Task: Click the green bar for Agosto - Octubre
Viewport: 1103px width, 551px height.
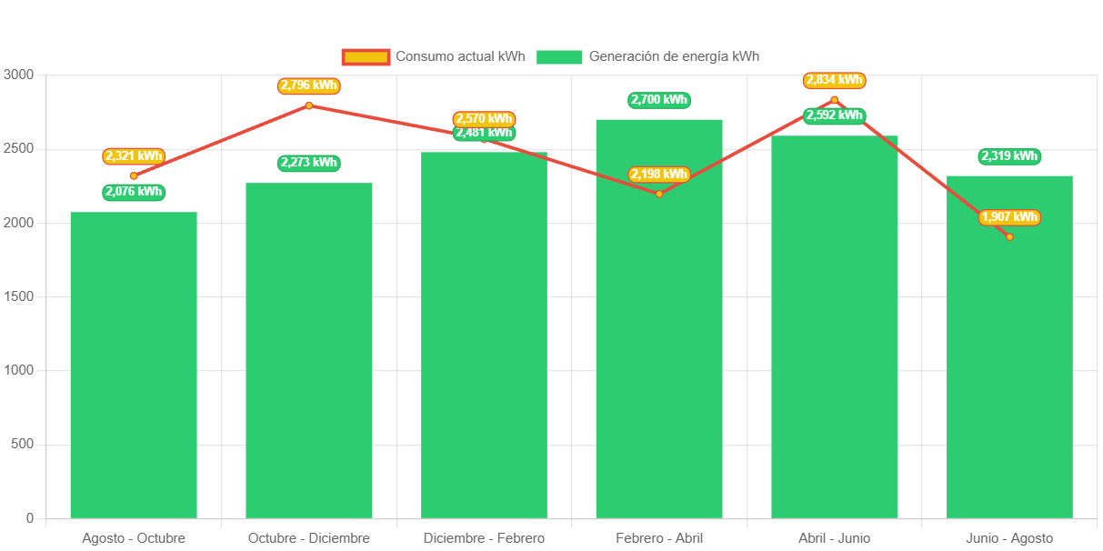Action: pyautogui.click(x=134, y=364)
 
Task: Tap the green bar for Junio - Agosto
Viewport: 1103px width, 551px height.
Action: pyautogui.click(x=1009, y=364)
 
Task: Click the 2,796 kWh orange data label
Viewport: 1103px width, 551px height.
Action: pyautogui.click(x=309, y=85)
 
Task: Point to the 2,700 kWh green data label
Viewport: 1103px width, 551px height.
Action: pyautogui.click(x=659, y=100)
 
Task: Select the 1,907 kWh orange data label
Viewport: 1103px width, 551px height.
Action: pyautogui.click(x=1009, y=217)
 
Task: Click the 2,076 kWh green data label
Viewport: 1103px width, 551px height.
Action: pyautogui.click(x=134, y=192)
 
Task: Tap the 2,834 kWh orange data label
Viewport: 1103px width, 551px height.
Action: pyautogui.click(x=834, y=81)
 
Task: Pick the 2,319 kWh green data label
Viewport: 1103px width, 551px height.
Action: pyautogui.click(x=1009, y=156)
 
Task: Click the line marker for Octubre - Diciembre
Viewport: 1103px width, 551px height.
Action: pyautogui.click(x=309, y=105)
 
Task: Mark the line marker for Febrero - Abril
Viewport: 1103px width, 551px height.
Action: pyautogui.click(x=659, y=194)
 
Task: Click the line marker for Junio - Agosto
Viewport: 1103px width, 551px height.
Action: pyautogui.click(x=1009, y=236)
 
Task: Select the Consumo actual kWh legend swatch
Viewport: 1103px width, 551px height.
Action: pyautogui.click(x=366, y=56)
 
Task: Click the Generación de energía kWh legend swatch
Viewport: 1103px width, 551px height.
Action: pyautogui.click(x=559, y=56)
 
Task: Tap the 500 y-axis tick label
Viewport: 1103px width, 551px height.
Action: pyautogui.click(x=22, y=444)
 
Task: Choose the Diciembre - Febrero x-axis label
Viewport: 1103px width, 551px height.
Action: pyautogui.click(x=484, y=538)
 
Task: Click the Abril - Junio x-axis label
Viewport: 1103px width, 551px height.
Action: pyautogui.click(x=834, y=538)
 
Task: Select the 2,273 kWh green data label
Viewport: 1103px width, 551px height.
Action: pyautogui.click(x=309, y=163)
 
